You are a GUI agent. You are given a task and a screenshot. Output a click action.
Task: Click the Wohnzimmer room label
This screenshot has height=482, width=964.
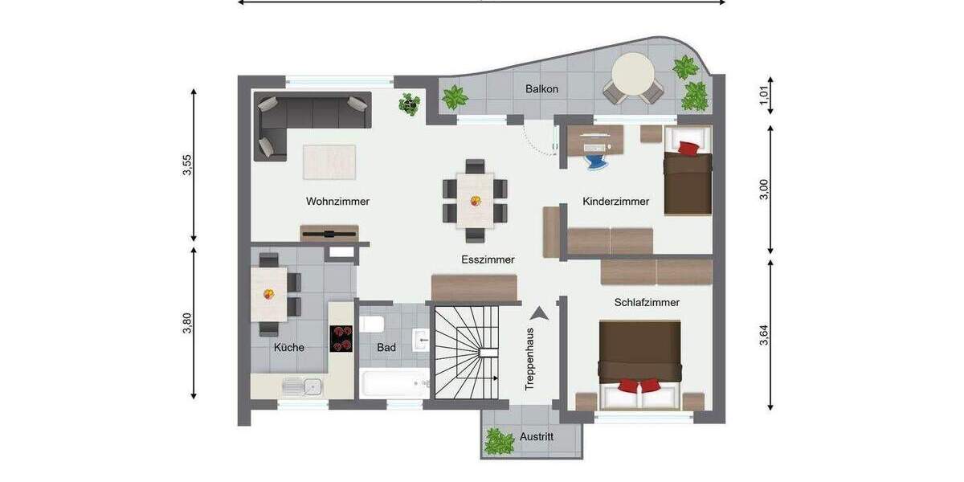[x=337, y=202]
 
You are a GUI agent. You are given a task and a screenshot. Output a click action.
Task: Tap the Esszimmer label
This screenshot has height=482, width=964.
[x=488, y=259]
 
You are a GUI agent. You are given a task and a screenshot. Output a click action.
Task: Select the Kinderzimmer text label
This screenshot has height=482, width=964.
[x=615, y=202]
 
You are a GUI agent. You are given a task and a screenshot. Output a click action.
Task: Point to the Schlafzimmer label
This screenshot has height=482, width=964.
[x=647, y=303]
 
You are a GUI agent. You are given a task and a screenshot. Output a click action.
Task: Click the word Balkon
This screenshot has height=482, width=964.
[x=541, y=88]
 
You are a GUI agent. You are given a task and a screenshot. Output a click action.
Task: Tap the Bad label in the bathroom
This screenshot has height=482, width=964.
[x=386, y=348]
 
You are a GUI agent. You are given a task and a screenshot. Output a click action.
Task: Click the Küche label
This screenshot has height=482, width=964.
[x=288, y=348]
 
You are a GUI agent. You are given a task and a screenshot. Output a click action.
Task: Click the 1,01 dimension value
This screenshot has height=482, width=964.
[x=764, y=97]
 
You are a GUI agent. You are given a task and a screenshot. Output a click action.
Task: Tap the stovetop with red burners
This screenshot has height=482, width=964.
[x=341, y=338]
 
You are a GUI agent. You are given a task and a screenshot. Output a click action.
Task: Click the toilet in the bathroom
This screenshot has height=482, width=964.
[x=372, y=325]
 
